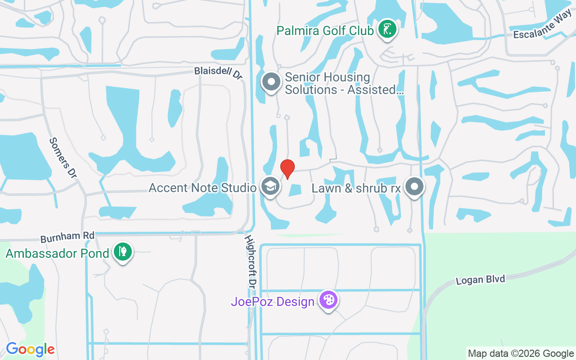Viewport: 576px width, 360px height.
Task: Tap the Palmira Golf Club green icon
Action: point(387,30)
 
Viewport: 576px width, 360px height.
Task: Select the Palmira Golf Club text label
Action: point(325,31)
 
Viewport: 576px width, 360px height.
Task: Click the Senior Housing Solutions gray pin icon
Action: point(271,82)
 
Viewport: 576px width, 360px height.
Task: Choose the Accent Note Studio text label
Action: point(203,188)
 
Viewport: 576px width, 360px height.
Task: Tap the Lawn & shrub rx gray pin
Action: point(414,187)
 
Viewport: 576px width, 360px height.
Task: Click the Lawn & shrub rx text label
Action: point(356,188)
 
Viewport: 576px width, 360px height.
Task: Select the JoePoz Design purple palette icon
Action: point(328,300)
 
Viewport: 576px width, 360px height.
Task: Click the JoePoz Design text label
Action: point(273,301)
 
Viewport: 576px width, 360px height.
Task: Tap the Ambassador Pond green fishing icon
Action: point(122,252)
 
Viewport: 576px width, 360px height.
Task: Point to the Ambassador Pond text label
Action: point(58,253)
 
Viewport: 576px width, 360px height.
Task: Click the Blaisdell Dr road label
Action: point(219,73)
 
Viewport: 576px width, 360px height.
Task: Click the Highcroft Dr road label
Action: point(250,261)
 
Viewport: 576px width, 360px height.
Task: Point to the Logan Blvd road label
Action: point(480,279)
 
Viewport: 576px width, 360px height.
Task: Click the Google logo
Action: point(30,349)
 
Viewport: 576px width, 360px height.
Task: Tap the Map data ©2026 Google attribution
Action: point(520,354)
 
